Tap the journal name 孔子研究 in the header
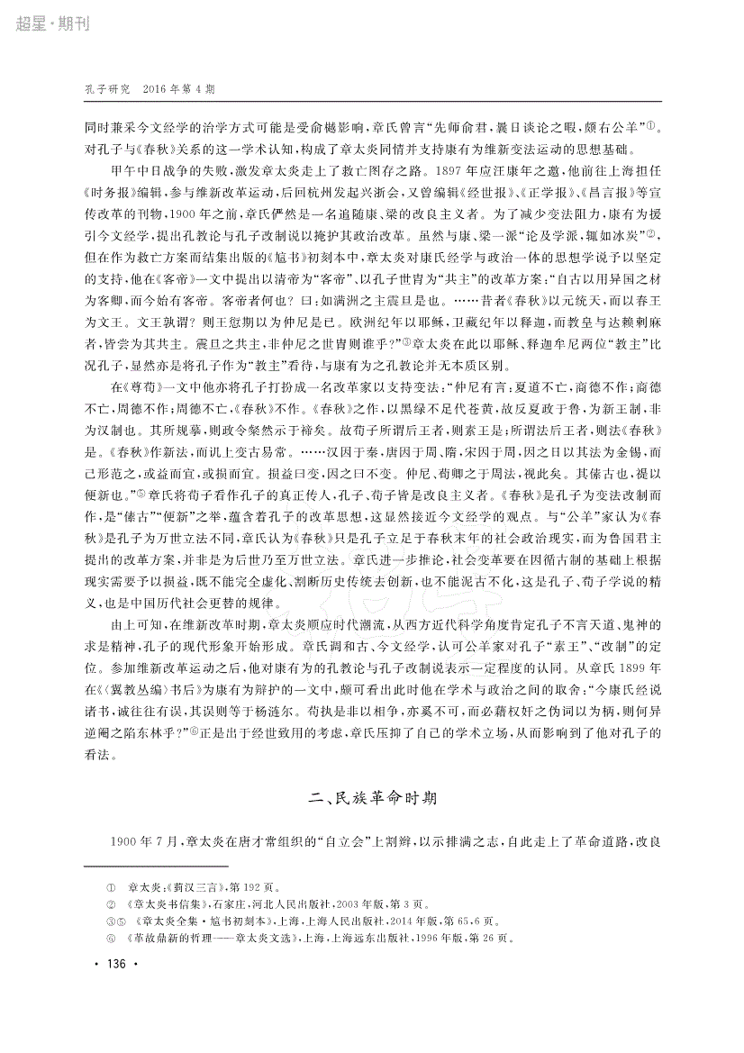(107, 90)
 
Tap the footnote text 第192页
(237, 887)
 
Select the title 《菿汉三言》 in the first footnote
(188, 887)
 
